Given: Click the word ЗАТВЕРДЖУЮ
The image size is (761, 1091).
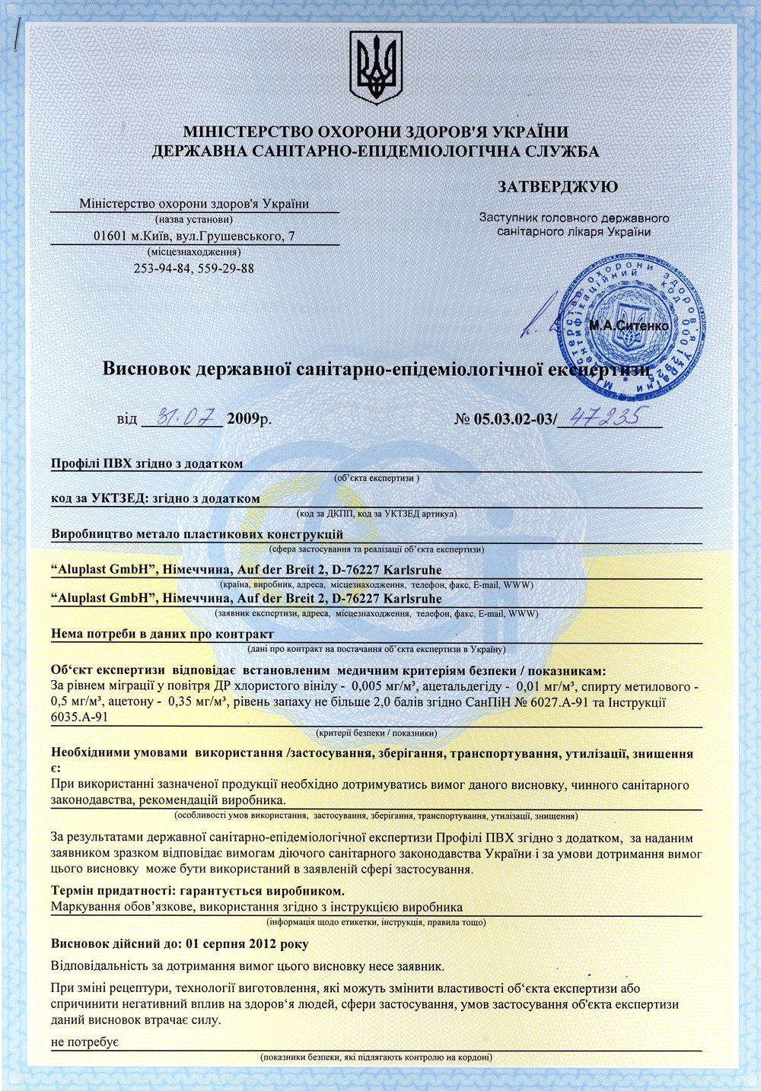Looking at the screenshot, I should [x=557, y=186].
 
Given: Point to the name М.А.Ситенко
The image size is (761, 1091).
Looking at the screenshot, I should [x=629, y=326].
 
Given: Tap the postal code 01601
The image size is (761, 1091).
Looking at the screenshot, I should [x=110, y=236].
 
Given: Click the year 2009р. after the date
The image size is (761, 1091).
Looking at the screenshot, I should [x=249, y=418].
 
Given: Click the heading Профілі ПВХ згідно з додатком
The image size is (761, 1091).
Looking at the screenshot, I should [x=147, y=463].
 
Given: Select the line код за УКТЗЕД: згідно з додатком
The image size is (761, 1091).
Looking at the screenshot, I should [x=155, y=498].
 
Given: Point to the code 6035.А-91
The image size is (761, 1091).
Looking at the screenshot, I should [x=79, y=717].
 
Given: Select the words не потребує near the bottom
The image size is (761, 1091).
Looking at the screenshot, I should [x=84, y=1042].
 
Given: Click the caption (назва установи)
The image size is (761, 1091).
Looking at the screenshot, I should [x=193, y=219].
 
